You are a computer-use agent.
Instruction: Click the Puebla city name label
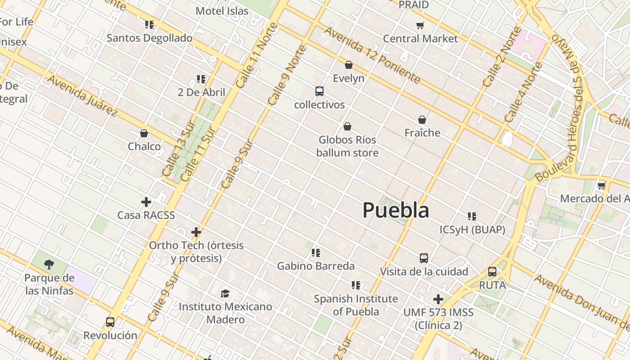[396, 210]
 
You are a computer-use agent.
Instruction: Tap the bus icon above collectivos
[319, 91]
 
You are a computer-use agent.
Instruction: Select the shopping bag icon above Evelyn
[349, 65]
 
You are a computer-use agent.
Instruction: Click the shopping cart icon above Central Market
[420, 25]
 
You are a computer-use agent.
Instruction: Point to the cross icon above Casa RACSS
[146, 202]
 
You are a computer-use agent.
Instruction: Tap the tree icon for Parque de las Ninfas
[49, 264]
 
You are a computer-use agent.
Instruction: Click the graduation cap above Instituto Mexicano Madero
[225, 293]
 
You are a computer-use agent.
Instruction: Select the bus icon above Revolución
[110, 322]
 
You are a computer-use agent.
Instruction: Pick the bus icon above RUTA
[492, 272]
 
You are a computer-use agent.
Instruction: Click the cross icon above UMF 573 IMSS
[438, 299]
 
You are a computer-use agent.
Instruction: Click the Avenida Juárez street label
[82, 96]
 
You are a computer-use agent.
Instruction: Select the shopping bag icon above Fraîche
[422, 120]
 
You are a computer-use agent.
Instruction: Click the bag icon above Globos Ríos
[347, 126]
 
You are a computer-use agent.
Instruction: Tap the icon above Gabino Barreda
[316, 253]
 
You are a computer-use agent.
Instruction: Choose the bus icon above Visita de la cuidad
[424, 258]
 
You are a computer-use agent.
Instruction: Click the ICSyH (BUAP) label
[472, 230]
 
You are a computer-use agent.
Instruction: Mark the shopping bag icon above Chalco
[144, 133]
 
